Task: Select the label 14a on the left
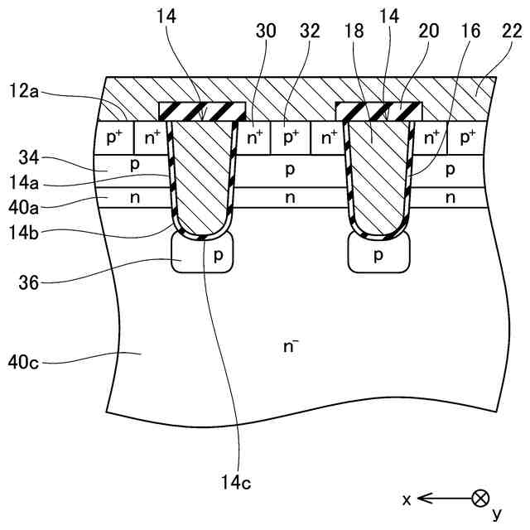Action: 27,179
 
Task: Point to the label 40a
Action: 27,200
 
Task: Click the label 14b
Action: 27,223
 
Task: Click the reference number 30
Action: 267,31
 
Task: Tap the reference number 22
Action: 513,31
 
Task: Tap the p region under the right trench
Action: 378,255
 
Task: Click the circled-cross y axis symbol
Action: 479,498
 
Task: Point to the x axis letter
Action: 407,499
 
